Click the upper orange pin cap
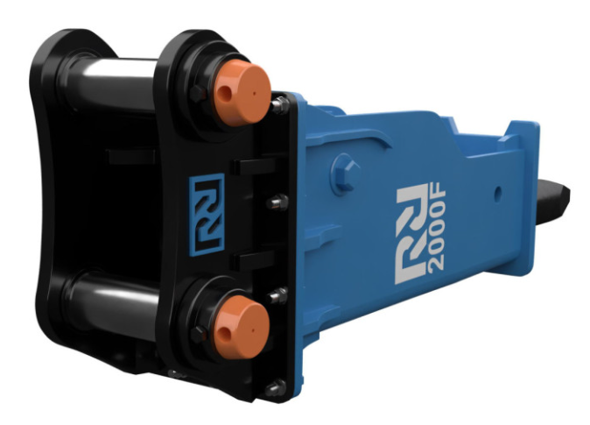242,92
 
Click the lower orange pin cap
242,326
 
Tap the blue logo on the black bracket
207,215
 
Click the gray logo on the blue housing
411,234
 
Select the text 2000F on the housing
437,229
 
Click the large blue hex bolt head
346,174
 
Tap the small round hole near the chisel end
498,193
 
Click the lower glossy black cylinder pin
113,301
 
